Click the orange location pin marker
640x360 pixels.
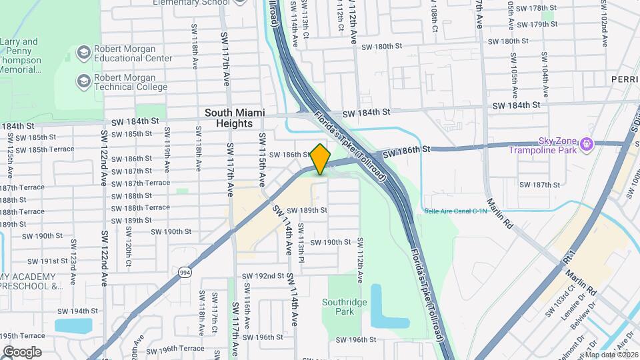coord(320,159)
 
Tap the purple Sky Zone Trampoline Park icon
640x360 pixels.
coord(587,143)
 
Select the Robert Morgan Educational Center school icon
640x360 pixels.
coord(83,53)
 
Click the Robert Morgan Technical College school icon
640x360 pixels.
coord(83,81)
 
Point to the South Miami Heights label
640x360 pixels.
coord(229,118)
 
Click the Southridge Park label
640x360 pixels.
coord(344,306)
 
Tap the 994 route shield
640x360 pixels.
coord(185,271)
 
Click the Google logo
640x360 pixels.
coord(22,351)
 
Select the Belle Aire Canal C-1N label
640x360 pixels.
coord(455,211)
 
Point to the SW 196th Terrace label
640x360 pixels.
coord(176,349)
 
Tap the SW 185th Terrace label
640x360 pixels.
coord(43,149)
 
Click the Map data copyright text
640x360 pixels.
coord(611,354)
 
